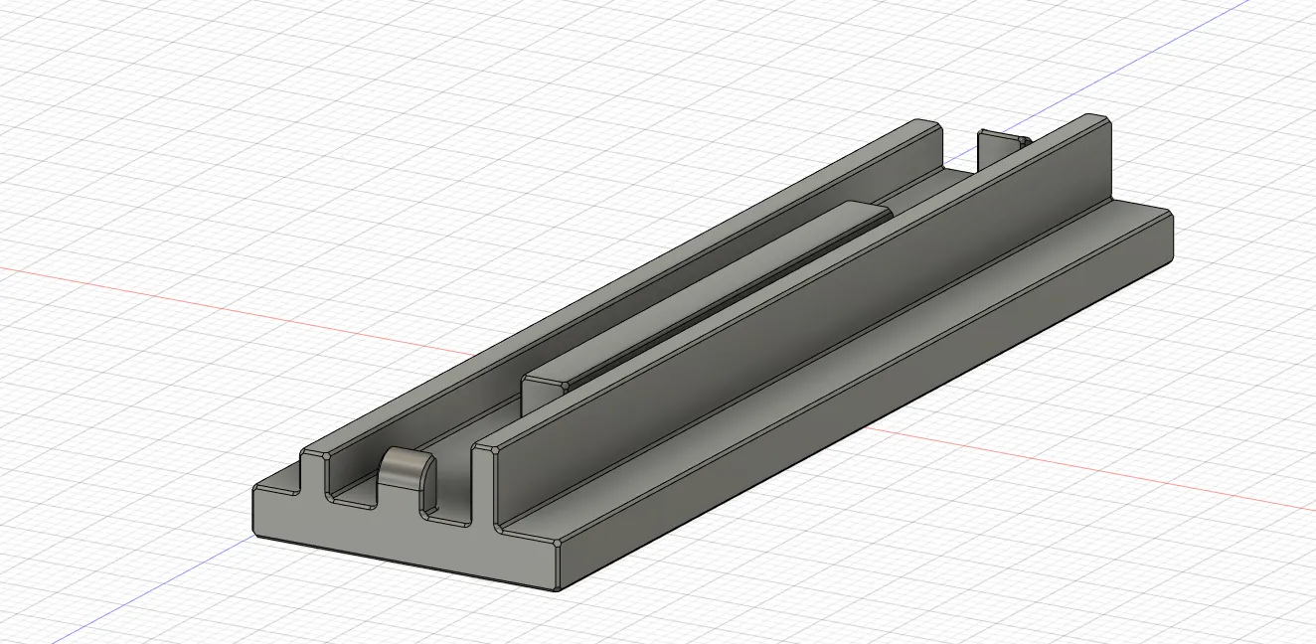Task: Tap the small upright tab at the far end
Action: coord(994,148)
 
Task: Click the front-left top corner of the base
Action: coord(257,489)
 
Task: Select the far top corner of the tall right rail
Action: coord(1104,120)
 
